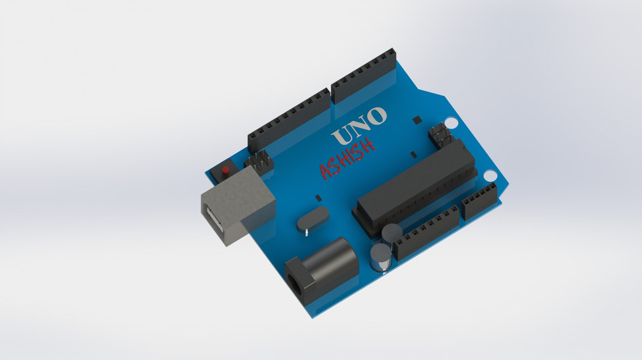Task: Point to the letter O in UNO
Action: [377, 116]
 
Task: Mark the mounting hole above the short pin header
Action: [490, 176]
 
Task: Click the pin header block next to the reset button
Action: [260, 161]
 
